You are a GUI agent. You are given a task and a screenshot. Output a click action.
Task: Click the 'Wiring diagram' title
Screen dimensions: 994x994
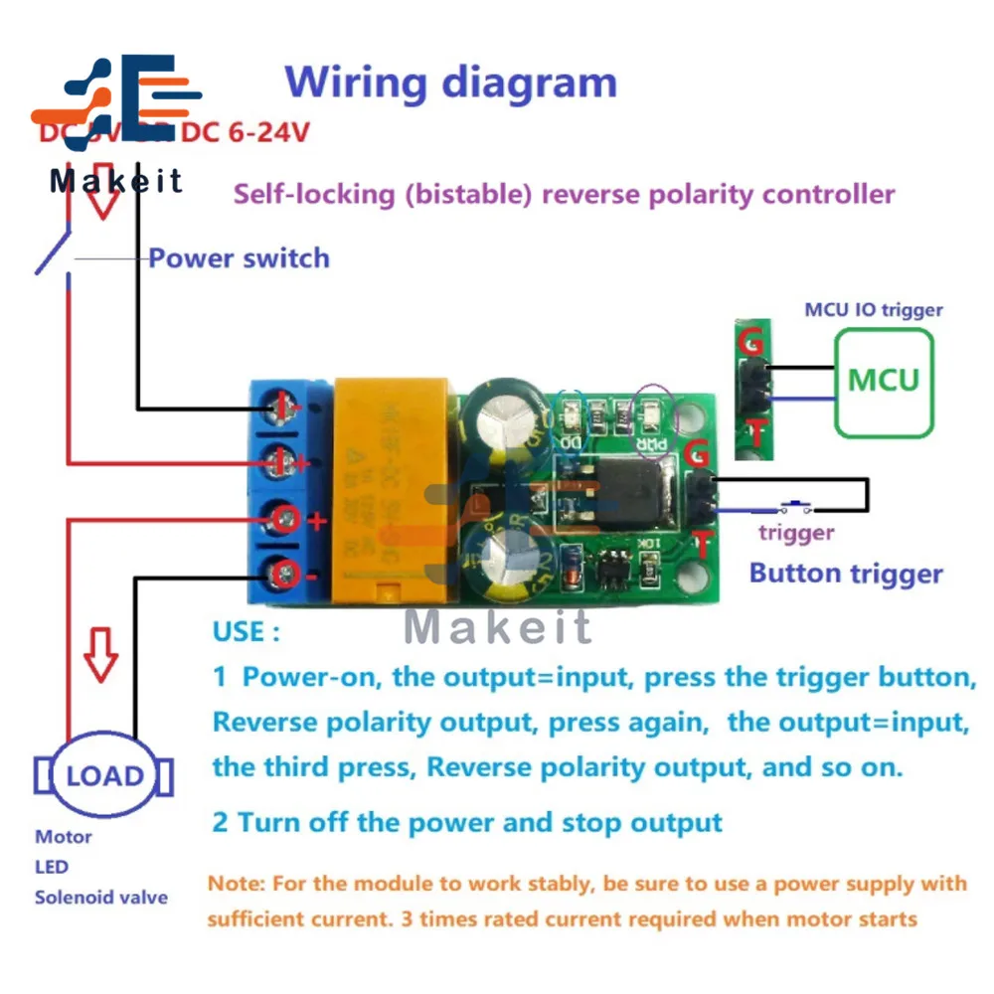[450, 82]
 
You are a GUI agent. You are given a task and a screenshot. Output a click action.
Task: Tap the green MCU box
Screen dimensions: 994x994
[884, 381]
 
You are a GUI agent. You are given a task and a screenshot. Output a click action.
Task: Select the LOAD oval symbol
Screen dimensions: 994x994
[104, 775]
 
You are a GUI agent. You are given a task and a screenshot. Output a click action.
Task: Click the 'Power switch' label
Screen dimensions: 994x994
[239, 258]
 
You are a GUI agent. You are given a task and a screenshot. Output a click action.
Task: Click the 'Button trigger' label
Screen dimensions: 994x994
[845, 574]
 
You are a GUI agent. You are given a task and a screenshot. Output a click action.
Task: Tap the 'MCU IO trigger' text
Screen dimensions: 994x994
[873, 310]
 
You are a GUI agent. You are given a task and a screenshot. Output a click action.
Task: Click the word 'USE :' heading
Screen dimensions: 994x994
[246, 632]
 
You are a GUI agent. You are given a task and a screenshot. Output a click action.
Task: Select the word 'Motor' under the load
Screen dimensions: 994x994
[64, 837]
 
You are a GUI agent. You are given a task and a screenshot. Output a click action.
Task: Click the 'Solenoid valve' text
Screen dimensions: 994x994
[101, 898]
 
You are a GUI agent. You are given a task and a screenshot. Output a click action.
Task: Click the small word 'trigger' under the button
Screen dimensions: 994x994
[796, 533]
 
